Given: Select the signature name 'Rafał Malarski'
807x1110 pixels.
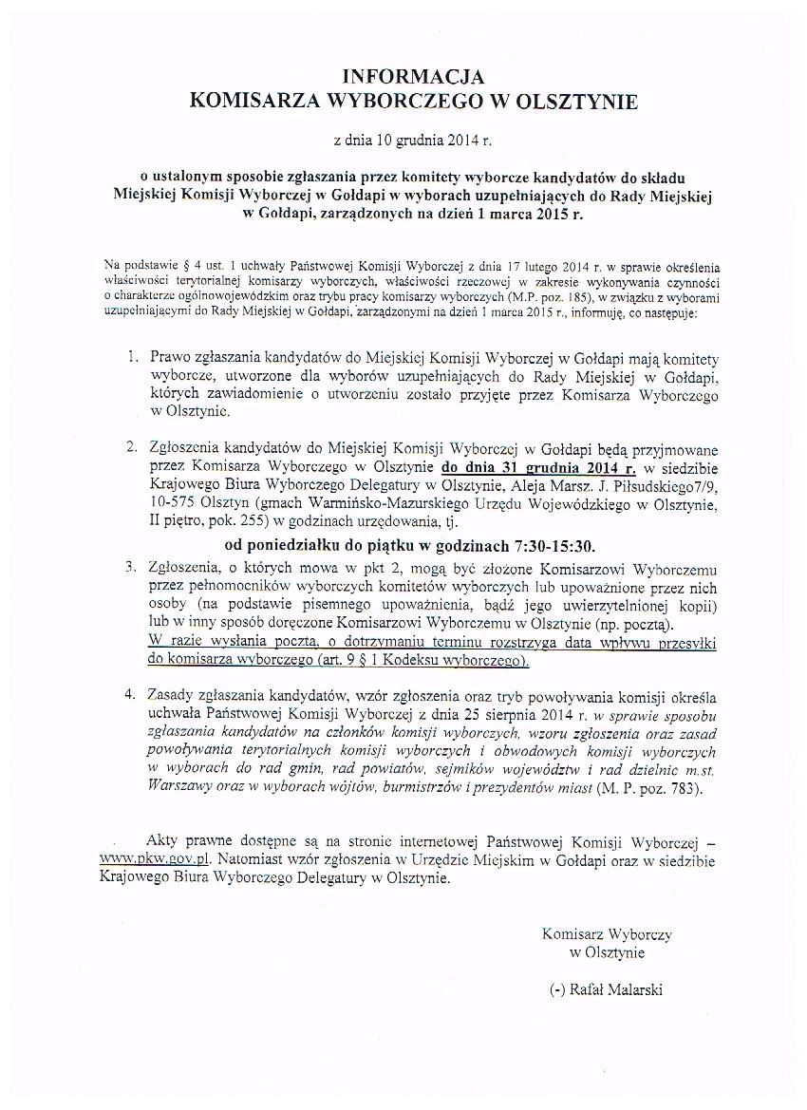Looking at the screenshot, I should tap(616, 990).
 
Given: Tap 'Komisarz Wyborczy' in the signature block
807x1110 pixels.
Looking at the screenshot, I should tap(607, 934).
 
